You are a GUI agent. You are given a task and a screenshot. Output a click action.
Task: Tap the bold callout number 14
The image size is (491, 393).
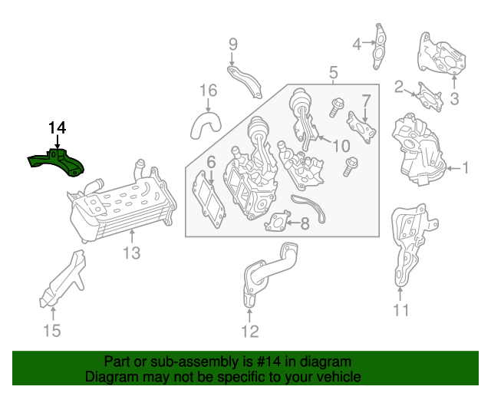tap(58, 128)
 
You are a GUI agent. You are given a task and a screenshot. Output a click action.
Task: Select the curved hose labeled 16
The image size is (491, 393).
tap(206, 125)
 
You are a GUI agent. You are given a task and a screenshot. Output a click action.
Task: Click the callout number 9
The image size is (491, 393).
tap(233, 45)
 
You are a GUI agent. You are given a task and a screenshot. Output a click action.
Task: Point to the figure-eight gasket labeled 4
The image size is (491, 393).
tap(379, 46)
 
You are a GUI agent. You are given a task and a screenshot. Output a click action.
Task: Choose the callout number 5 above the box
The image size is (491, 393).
tap(334, 72)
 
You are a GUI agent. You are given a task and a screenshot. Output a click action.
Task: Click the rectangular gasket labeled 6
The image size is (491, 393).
tap(209, 200)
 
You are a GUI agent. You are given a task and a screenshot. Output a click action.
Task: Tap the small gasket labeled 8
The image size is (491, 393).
tap(278, 221)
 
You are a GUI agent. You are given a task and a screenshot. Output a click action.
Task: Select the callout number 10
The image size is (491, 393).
tap(341, 146)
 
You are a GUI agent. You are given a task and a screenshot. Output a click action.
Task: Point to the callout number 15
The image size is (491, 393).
tap(52, 331)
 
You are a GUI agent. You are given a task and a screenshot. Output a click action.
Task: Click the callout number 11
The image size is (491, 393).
tap(400, 310)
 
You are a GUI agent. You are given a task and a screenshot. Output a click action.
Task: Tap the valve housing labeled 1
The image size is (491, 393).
tap(419, 150)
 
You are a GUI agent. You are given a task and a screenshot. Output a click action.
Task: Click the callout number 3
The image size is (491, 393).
tap(454, 99)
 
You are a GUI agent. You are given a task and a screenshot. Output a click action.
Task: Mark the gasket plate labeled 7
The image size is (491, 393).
tap(361, 127)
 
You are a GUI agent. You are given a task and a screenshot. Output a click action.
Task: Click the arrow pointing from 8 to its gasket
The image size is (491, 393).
tap(293, 223)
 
